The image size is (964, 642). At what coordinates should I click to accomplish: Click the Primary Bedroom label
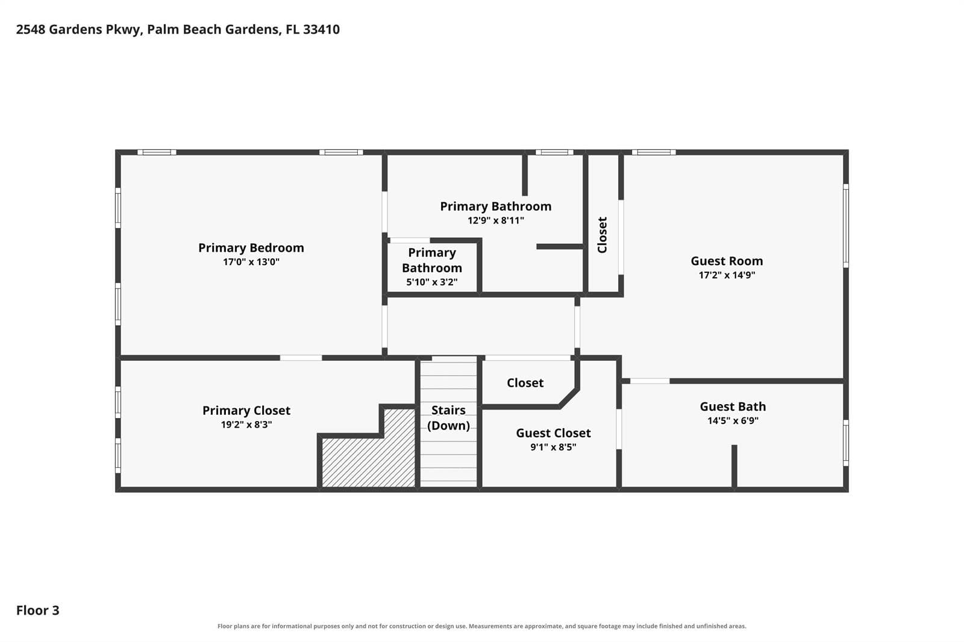point(251,248)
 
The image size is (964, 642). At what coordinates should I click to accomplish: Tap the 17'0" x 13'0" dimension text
point(251,261)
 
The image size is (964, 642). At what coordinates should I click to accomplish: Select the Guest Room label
point(727,261)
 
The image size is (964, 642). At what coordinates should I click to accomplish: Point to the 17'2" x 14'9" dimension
point(727,275)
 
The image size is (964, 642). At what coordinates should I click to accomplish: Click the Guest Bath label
point(733,407)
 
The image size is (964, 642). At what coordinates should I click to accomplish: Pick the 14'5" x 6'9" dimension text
point(733,420)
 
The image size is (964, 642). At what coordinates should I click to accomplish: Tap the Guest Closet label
point(554,433)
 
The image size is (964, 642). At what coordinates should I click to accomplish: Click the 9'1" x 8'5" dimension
point(554,447)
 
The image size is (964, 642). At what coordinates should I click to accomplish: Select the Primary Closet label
point(246,411)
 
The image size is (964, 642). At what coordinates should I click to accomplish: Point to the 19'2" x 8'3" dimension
point(246,424)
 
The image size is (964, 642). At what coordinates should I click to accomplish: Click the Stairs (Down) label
point(448,418)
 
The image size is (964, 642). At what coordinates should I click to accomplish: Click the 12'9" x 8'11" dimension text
point(496,220)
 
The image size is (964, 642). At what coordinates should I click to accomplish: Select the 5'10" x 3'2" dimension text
point(432,282)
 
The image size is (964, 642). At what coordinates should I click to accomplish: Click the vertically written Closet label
point(602,235)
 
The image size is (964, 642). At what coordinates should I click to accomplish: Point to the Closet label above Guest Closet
point(525,383)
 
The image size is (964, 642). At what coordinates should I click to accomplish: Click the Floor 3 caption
point(38,610)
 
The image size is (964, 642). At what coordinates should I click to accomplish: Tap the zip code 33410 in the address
point(322,30)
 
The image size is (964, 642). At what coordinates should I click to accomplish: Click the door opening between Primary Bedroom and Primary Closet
point(301,358)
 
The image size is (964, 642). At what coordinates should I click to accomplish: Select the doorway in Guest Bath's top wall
point(650,381)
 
